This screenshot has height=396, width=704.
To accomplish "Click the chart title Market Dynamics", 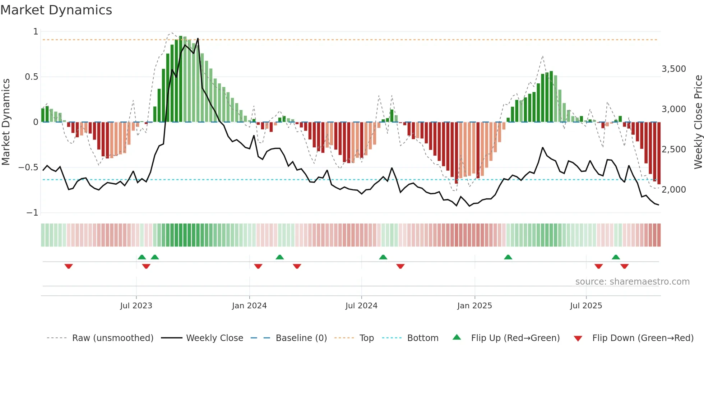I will (x=56, y=10).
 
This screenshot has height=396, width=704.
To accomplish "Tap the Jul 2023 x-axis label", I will (x=136, y=306).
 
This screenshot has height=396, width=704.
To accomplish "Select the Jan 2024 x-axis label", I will (x=249, y=306).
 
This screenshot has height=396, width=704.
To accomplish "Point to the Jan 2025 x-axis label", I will (x=474, y=306).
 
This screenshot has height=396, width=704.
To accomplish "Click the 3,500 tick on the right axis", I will (x=673, y=69).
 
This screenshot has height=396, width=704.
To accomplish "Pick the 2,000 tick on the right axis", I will (x=673, y=190).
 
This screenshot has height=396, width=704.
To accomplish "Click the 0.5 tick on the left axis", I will (x=31, y=77).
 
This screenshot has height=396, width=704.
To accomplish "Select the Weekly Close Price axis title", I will (x=698, y=122).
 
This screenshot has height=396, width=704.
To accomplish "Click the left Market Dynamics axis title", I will (x=6, y=122).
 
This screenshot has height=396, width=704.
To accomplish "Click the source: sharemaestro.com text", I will (x=632, y=282).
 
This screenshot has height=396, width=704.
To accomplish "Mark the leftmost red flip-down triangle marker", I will (x=69, y=266).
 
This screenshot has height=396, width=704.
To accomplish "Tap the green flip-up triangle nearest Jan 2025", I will (x=508, y=257).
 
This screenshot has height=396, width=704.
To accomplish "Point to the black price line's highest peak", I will (x=198, y=38).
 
